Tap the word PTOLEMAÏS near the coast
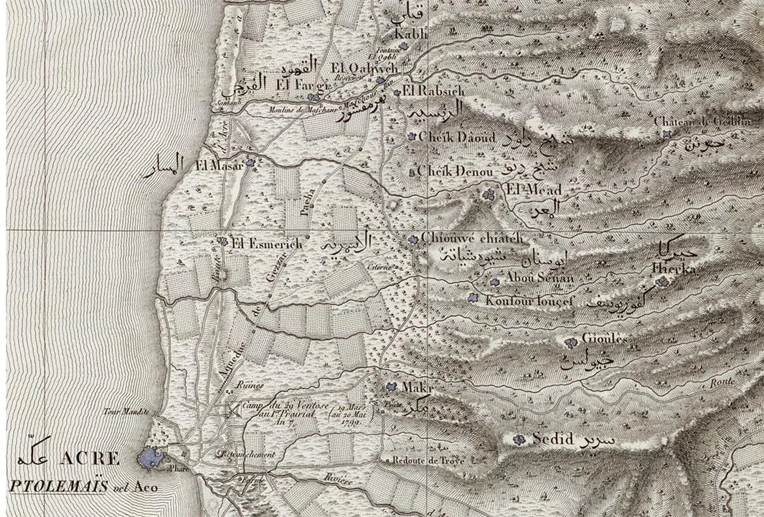[58, 485]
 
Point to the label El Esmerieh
[266, 244]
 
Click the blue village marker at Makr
[391, 386]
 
